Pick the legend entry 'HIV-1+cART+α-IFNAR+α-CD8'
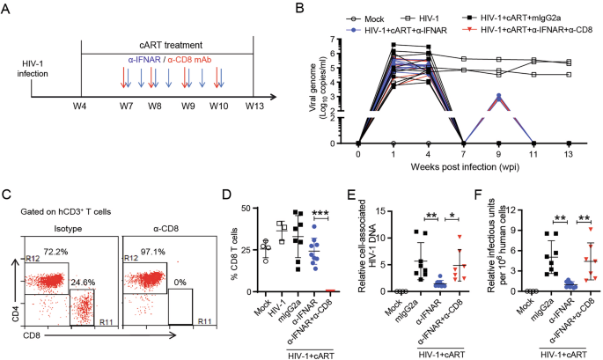522,26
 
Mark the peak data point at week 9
498,96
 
